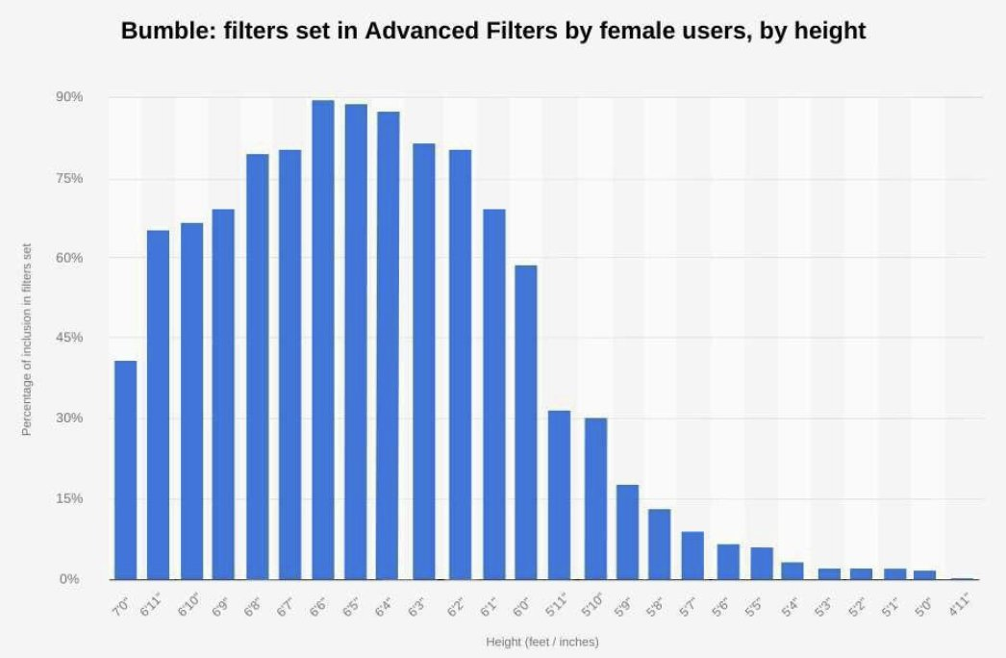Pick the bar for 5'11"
[x=559, y=494]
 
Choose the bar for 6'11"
[x=158, y=404]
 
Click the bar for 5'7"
[x=692, y=555]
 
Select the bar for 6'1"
[x=494, y=393]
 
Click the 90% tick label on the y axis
[x=69, y=97]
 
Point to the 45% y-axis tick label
[x=69, y=338]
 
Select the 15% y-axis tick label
[x=69, y=498]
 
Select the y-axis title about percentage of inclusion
[x=27, y=339]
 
